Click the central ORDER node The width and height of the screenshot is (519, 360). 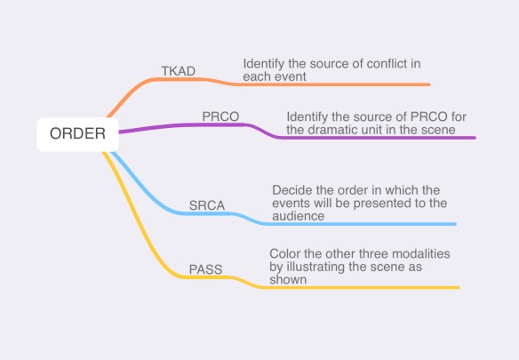tap(78, 134)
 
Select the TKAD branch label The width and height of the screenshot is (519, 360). tap(179, 71)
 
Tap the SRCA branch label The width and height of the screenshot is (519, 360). tap(207, 205)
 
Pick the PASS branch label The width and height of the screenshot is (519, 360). tap(205, 269)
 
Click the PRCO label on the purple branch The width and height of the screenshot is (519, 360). tap(220, 116)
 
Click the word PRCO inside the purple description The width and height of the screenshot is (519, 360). tap(429, 117)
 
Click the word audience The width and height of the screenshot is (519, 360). tap(299, 216)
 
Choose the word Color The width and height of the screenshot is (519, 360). tap(285, 254)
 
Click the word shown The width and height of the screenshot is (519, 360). tap(288, 280)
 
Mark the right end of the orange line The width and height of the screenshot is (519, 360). tap(429, 84)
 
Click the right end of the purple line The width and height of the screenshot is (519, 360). tap(475, 138)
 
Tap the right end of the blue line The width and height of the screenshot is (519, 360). tap(455, 224)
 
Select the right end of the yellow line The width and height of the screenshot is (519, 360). tap(459, 287)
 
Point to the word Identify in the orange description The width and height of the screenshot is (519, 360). tap(264, 64)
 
